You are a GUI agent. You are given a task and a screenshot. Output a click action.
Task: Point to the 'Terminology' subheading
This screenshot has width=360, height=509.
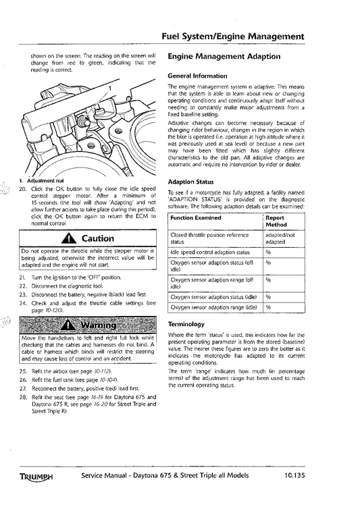click(x=186, y=324)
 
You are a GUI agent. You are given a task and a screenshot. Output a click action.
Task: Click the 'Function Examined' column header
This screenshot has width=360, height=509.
click(x=196, y=218)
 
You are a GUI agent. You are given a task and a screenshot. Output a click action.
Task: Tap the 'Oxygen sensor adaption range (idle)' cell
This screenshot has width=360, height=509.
click(x=213, y=307)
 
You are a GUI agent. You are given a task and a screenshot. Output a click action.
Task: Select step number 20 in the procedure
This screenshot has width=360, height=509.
click(x=22, y=189)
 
